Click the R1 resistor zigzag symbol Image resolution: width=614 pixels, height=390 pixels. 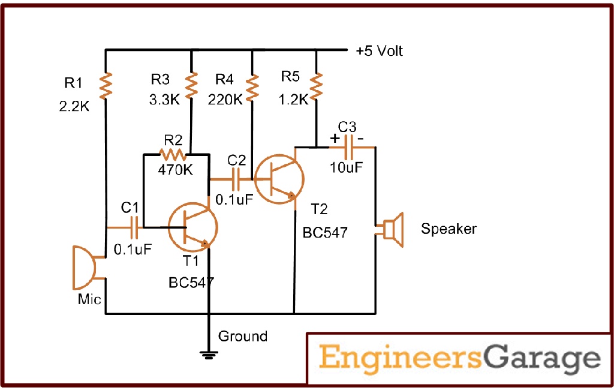106,86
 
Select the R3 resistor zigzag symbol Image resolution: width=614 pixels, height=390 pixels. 191,86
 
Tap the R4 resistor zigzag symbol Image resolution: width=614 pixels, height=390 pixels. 252,86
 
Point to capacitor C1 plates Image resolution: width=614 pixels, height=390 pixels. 137,227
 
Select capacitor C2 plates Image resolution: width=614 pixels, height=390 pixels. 237,178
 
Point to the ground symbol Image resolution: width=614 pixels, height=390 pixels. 209,355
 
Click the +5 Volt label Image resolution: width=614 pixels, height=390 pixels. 379,51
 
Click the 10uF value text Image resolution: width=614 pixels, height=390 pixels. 347,167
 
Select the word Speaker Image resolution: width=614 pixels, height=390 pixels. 449,229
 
